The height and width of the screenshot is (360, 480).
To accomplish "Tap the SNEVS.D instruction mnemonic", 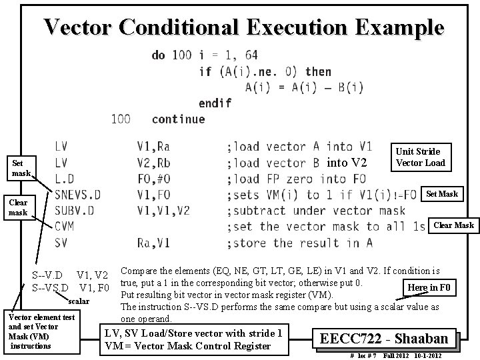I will click(x=78, y=195).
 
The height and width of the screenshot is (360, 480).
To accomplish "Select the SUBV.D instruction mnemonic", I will click(x=75, y=211).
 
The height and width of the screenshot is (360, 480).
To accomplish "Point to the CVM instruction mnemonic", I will click(x=65, y=227).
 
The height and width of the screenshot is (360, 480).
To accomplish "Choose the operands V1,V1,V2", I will click(x=163, y=211).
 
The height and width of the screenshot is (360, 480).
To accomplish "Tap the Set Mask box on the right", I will click(x=442, y=194).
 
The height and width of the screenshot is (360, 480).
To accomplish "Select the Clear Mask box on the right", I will click(x=453, y=225).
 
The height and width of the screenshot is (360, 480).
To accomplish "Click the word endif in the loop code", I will click(x=215, y=103).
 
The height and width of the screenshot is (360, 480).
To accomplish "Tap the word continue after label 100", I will click(x=178, y=119).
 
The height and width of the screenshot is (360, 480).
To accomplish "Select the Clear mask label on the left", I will click(x=18, y=207).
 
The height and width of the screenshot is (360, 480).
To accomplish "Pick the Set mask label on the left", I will click(x=18, y=167).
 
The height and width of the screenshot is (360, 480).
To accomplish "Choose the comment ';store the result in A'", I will click(x=299, y=243).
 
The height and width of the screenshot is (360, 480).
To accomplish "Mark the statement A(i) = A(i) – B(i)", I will click(x=304, y=87).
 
